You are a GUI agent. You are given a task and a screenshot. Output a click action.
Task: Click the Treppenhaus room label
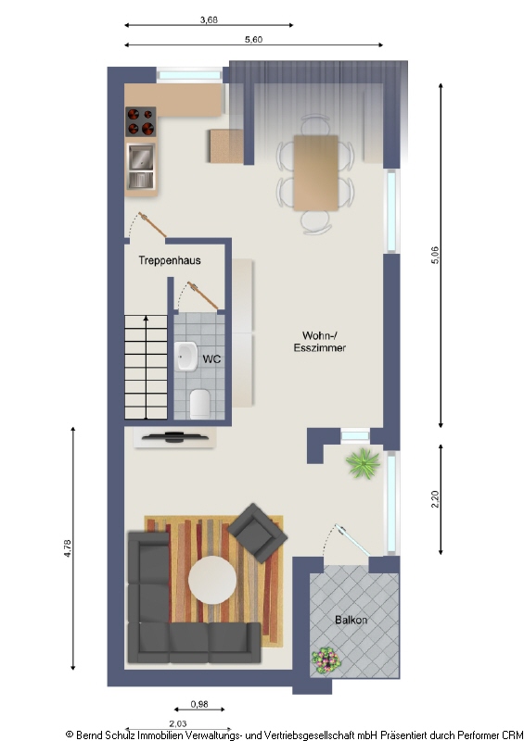(x=170, y=260)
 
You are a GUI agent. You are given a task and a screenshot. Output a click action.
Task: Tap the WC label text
(x=211, y=359)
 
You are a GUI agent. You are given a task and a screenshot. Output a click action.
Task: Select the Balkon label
(x=351, y=620)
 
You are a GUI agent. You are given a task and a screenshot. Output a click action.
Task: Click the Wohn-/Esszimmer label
(x=320, y=342)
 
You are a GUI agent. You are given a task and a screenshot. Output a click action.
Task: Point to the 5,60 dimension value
(x=254, y=39)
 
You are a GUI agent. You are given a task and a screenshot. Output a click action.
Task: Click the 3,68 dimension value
(x=209, y=19)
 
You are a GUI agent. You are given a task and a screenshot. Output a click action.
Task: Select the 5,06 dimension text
(x=435, y=256)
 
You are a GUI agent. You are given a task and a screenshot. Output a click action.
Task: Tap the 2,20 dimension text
(x=435, y=499)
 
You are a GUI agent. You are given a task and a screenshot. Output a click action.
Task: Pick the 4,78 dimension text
(x=67, y=548)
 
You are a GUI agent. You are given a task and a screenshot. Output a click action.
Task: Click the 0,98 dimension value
(x=199, y=704)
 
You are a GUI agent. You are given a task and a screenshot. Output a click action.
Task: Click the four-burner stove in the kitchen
(x=141, y=121)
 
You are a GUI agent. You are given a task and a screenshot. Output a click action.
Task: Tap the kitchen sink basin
(x=141, y=157)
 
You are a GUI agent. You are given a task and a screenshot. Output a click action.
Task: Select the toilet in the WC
(x=199, y=404)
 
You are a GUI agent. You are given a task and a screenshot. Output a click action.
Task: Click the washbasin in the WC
(x=186, y=357)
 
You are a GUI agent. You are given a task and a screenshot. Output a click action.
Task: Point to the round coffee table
(x=212, y=580)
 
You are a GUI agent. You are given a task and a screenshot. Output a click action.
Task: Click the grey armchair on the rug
(x=257, y=532)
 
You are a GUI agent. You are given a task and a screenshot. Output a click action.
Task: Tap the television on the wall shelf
(x=174, y=436)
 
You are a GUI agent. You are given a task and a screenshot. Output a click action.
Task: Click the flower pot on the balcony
(x=326, y=659)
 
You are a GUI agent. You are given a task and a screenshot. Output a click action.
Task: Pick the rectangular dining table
(x=315, y=173)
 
